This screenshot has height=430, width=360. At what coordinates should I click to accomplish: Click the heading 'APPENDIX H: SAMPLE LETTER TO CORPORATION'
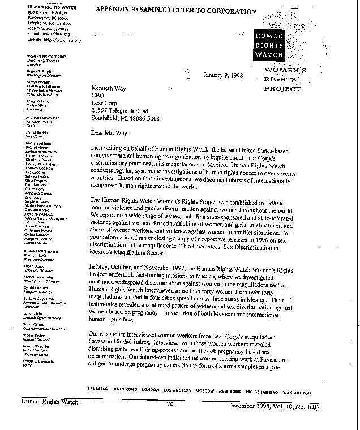point(175,11)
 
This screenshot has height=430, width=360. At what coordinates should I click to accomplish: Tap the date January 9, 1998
point(224,75)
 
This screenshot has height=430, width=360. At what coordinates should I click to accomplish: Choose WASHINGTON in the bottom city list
point(295,392)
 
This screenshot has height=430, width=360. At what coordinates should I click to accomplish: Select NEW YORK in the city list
point(230,392)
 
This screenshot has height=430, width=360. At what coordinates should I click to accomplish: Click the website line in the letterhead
point(54,41)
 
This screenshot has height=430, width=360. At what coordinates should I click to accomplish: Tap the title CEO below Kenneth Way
point(98,96)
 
